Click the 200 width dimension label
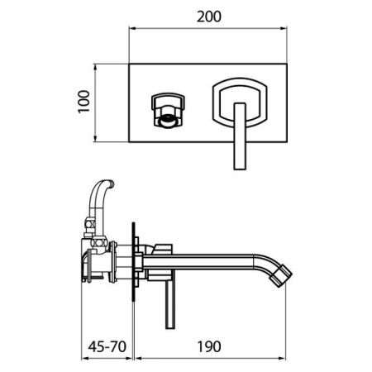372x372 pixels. (208, 17)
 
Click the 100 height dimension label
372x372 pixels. (83, 102)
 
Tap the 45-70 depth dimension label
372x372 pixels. (107, 346)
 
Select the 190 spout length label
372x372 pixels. (209, 346)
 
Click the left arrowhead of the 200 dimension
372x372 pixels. (132, 28)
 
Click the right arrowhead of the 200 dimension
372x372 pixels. (284, 28)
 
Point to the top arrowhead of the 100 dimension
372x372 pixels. (95, 67)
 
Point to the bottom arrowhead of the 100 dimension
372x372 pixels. (95, 139)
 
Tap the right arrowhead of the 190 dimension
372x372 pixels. (283, 359)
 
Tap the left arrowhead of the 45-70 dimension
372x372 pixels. (85, 359)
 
